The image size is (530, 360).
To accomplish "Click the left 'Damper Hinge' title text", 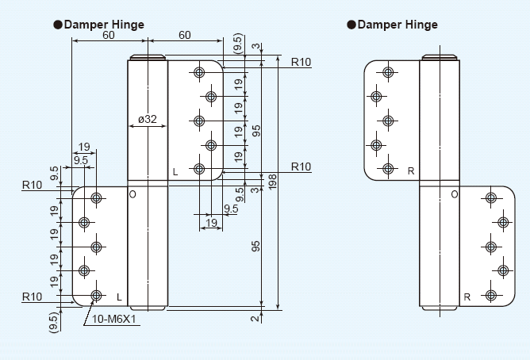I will tap(103, 25).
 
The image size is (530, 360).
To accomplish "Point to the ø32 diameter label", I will tap(147, 120).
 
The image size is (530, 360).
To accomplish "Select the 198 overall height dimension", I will tap(272, 185).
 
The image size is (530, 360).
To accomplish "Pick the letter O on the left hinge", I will tap(132, 193).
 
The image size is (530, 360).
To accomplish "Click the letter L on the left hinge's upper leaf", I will tap(175, 171).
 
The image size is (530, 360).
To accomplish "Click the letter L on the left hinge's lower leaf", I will tap(119, 297).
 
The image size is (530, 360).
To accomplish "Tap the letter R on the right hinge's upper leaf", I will tap(410, 170).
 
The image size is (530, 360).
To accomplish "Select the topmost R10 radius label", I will tap(301, 62).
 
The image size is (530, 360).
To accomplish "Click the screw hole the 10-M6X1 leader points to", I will tap(96, 296).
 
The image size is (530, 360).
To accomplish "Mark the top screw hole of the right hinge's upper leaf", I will tap(388, 73).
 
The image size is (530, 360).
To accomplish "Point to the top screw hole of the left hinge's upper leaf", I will tap(198, 73).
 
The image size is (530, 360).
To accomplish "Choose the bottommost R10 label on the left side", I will tap(33, 296).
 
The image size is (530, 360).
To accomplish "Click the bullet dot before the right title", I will tap(351, 25).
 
